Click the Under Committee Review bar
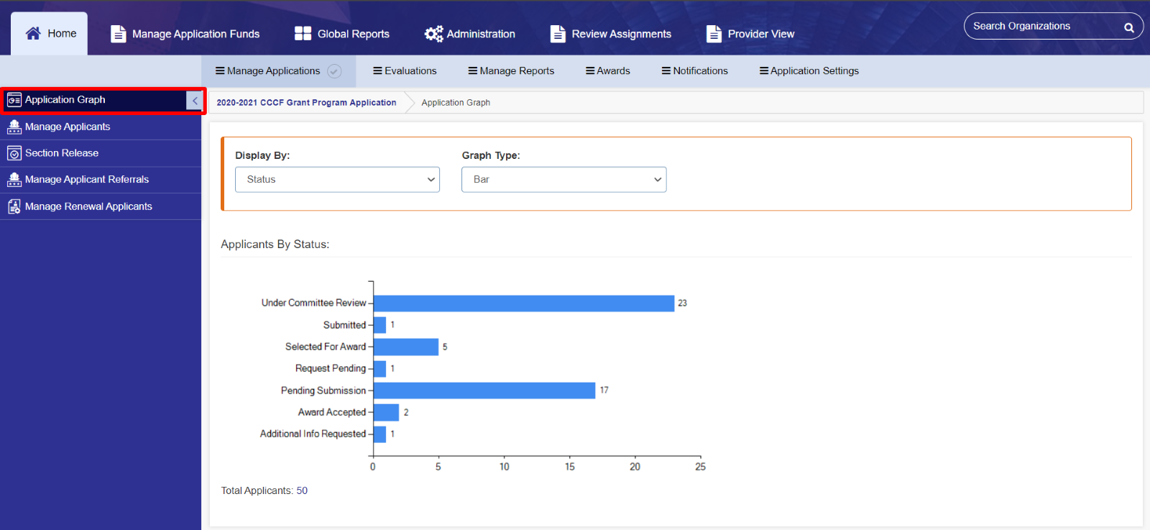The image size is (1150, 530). [x=523, y=303]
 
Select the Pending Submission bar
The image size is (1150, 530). [x=484, y=390]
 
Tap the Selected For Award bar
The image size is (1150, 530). [x=405, y=347]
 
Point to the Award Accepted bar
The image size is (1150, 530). [x=386, y=412]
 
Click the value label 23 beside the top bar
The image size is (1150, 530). [x=682, y=303]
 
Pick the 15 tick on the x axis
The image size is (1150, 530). [x=569, y=467]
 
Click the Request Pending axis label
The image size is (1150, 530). [x=330, y=368]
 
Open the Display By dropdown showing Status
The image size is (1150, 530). [x=337, y=180]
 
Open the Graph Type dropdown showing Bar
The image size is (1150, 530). [x=563, y=180]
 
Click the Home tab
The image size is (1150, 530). [x=50, y=34]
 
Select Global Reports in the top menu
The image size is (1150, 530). [x=342, y=34]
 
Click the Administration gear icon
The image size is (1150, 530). [x=433, y=34]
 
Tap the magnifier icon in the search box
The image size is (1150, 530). [x=1128, y=27]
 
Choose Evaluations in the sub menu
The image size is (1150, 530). [x=405, y=70]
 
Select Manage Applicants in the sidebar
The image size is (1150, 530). [x=68, y=127]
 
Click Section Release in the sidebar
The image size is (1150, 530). [x=62, y=153]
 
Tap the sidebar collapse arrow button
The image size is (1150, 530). [x=195, y=101]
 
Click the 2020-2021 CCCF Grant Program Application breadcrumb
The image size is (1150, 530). [x=306, y=103]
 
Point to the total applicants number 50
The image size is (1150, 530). [x=302, y=490]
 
